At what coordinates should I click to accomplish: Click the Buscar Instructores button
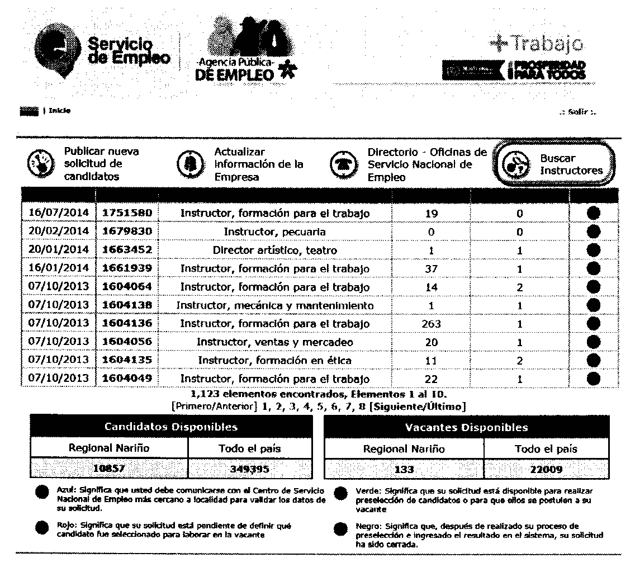point(554,164)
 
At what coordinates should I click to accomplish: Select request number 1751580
point(127,213)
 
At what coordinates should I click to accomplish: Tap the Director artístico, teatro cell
point(274,250)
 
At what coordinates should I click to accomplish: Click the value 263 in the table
point(431,324)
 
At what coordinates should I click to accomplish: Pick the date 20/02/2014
point(59,231)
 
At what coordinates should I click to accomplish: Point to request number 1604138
point(127,305)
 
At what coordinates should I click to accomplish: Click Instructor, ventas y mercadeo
point(274,342)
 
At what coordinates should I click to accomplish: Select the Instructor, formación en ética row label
point(274,360)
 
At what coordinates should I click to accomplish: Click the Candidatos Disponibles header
point(171,427)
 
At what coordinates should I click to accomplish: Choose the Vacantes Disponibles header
point(466,427)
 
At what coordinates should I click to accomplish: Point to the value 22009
point(546,470)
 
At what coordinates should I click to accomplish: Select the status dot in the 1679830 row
point(594,231)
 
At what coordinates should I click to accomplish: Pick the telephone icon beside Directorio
point(342,164)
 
